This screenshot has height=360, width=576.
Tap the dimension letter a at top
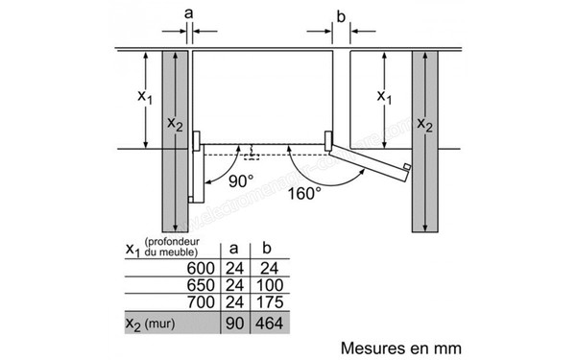click(x=188, y=13)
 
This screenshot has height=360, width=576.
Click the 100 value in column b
click(x=269, y=286)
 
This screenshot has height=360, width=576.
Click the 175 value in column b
click(x=269, y=303)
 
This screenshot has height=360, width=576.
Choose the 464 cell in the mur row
click(x=269, y=323)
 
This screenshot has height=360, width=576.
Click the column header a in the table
click(x=234, y=248)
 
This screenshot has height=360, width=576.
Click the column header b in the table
click(x=268, y=248)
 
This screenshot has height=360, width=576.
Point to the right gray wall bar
click(x=424, y=140)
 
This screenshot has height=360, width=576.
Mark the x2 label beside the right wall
click(x=425, y=127)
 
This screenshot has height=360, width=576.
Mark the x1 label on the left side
click(x=143, y=97)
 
